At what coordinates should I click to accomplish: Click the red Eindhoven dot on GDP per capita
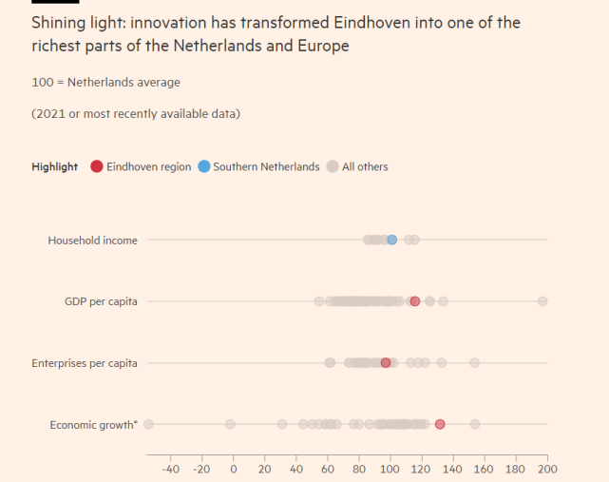coord(414,301)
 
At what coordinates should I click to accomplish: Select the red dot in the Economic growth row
coord(440,424)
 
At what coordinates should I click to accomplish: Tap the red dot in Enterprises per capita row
coord(386,362)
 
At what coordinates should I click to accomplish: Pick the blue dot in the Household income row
coord(391,240)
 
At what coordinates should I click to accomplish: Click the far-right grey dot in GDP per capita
coord(542,301)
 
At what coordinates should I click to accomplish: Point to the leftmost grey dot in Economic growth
coord(148,424)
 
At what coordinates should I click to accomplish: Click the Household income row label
coord(92,241)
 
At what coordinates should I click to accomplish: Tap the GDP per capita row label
coord(100,301)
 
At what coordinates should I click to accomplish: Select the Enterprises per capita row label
coord(85,363)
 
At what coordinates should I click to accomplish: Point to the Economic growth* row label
coord(93,425)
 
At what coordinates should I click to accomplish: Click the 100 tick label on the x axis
coord(390,469)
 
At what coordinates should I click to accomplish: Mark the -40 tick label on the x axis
coord(170,469)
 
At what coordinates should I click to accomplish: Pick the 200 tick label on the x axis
coord(546,469)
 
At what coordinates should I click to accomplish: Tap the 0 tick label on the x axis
coord(234,469)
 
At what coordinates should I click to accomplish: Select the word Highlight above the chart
coord(55,166)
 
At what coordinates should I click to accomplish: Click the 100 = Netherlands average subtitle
coord(105,83)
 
